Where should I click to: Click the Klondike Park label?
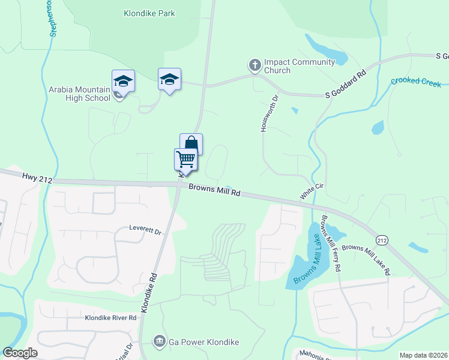tap(148, 13)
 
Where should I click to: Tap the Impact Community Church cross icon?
tap(255, 64)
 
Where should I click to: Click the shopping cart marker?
tap(186, 160)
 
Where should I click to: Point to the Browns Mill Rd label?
tap(214, 190)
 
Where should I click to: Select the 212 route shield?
tap(381, 240)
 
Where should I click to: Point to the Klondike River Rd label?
tap(110, 317)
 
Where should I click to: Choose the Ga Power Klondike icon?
tap(159, 342)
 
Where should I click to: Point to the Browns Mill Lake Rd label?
tap(366, 259)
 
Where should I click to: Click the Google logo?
tap(20, 353)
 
